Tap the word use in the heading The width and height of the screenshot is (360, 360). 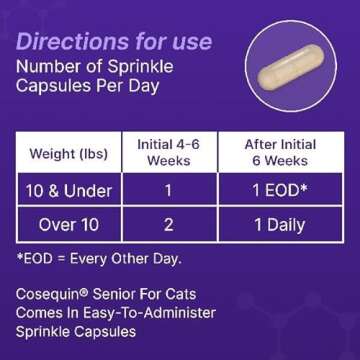tap(189, 42)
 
